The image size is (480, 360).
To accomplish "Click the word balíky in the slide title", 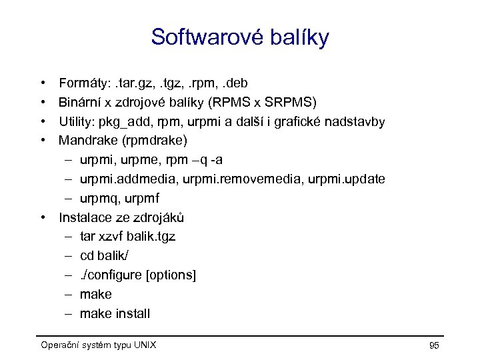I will coord(298,37).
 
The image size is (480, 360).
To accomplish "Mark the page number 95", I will coord(434,345).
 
